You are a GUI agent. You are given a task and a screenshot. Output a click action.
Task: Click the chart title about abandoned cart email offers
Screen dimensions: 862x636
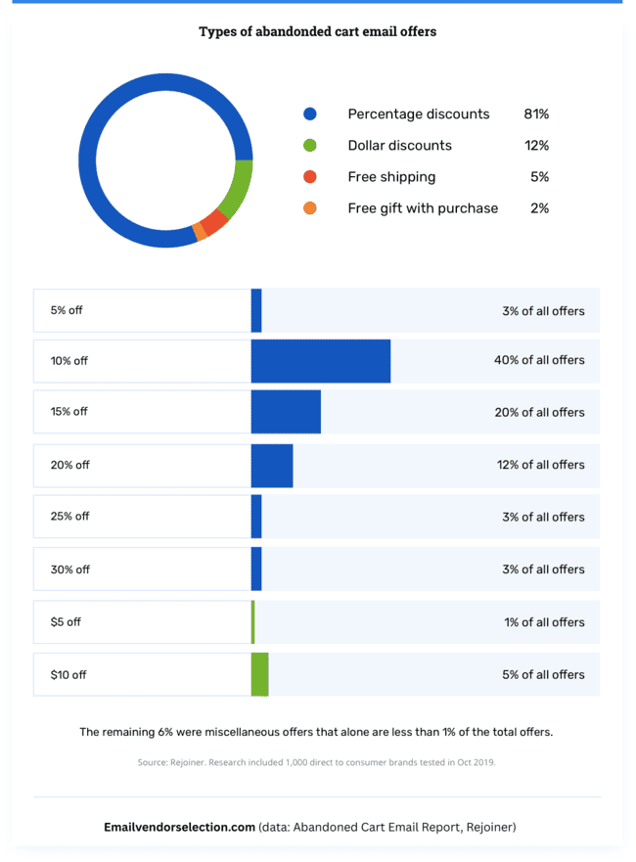(x=317, y=31)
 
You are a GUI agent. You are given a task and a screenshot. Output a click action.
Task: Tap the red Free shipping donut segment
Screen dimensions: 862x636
(x=214, y=221)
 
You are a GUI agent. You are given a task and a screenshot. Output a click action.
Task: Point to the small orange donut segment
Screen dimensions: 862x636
(x=200, y=231)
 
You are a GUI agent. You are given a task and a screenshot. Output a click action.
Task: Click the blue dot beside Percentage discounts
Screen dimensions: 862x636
(x=310, y=114)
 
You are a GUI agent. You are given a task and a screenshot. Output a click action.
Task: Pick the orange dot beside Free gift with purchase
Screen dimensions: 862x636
(x=310, y=208)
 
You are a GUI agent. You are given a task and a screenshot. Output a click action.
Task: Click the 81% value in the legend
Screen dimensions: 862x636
(x=536, y=114)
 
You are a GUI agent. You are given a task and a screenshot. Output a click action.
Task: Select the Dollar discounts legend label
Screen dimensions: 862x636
(x=399, y=146)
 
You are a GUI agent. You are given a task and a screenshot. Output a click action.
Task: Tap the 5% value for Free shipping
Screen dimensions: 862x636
(x=539, y=177)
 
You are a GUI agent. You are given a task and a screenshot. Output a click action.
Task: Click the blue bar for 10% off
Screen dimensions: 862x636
(x=320, y=361)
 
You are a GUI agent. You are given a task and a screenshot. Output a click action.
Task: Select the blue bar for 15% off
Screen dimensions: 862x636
(x=286, y=412)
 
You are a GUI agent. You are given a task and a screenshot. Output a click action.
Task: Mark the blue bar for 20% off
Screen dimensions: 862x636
(x=272, y=465)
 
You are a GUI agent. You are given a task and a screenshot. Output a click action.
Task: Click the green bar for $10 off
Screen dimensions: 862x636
(x=259, y=674)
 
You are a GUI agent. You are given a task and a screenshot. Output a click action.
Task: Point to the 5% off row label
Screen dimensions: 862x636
(x=67, y=310)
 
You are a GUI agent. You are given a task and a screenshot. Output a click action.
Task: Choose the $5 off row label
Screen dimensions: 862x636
(x=66, y=622)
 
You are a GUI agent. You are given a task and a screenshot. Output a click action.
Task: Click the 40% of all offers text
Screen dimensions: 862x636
(x=539, y=360)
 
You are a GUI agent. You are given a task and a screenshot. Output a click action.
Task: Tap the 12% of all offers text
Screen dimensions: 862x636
(x=540, y=465)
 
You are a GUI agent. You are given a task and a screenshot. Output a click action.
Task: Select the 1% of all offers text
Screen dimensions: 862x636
(x=544, y=622)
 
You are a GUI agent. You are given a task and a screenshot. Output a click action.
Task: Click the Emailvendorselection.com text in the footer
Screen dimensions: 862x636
(x=179, y=828)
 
